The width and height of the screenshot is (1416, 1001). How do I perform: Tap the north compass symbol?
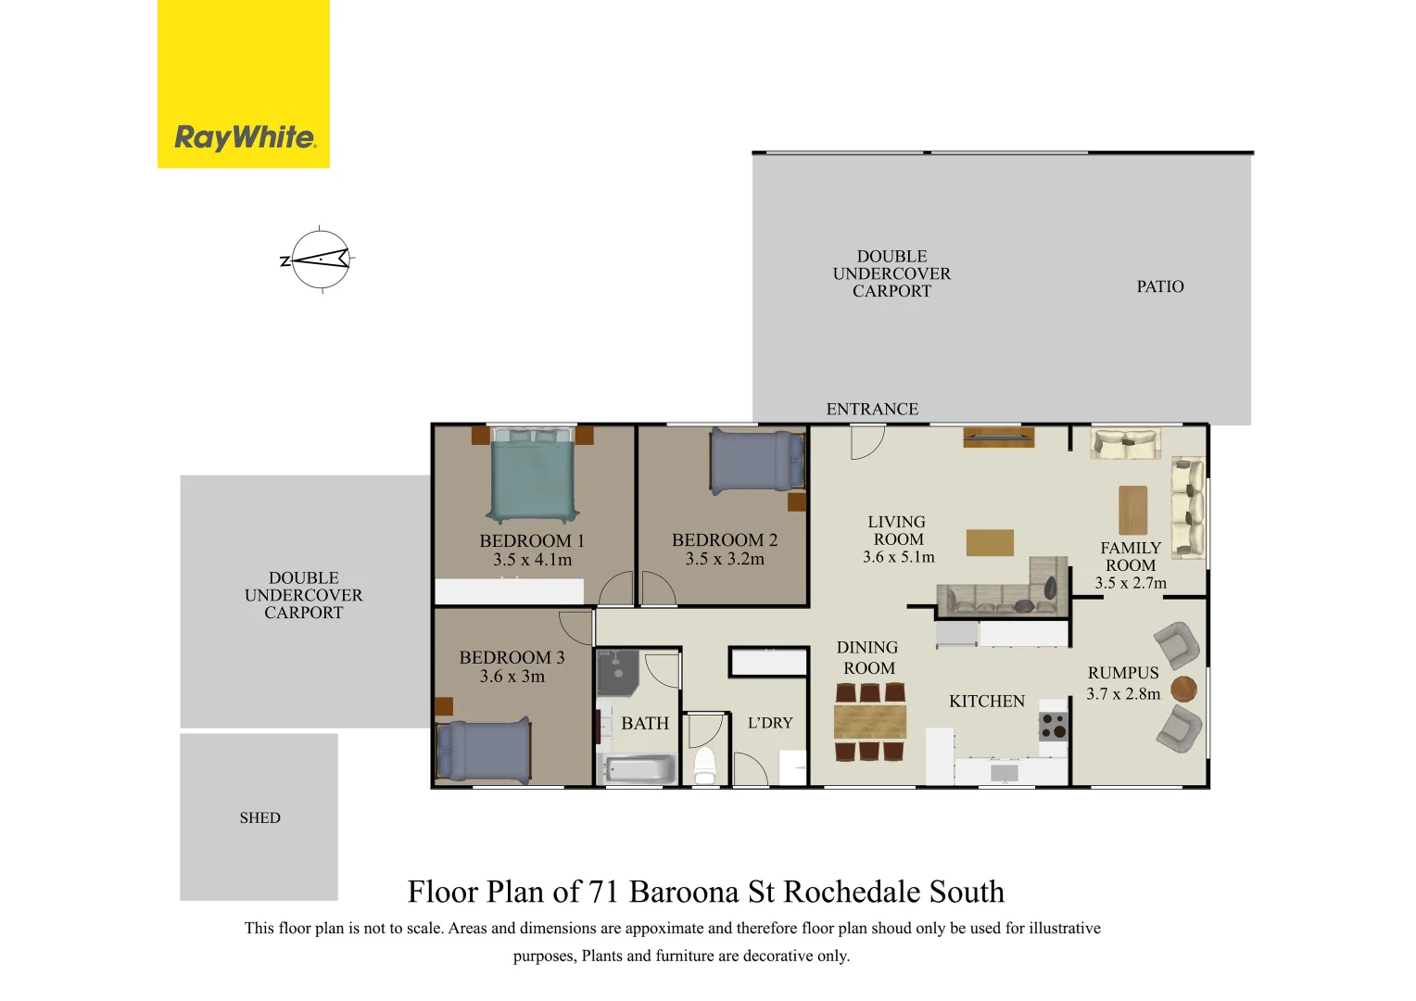tap(320, 260)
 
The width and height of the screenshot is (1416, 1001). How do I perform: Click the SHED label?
tap(259, 817)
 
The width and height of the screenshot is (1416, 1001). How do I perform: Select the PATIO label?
tap(1159, 287)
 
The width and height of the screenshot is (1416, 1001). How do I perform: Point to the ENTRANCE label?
tap(872, 409)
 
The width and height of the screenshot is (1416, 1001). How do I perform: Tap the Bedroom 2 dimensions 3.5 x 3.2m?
tap(725, 559)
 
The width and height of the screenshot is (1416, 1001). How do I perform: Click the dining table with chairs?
tap(869, 721)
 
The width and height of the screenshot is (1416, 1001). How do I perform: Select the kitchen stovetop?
tap(1053, 725)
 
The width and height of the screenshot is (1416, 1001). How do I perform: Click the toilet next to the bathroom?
tap(705, 764)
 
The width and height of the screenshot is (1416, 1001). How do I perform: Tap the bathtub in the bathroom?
tap(639, 769)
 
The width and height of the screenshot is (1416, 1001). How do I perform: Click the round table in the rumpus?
tap(1183, 689)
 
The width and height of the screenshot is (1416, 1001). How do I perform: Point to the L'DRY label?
tap(770, 723)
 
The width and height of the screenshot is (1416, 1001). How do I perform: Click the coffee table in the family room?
tap(1132, 510)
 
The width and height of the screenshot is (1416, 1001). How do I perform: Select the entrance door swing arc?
tap(867, 442)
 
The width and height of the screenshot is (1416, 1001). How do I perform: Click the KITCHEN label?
tap(986, 702)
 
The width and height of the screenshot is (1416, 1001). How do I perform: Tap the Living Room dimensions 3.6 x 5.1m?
tap(898, 557)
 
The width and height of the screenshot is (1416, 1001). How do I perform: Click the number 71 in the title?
tap(603, 892)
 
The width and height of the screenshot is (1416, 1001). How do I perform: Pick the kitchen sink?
tap(1005, 772)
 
